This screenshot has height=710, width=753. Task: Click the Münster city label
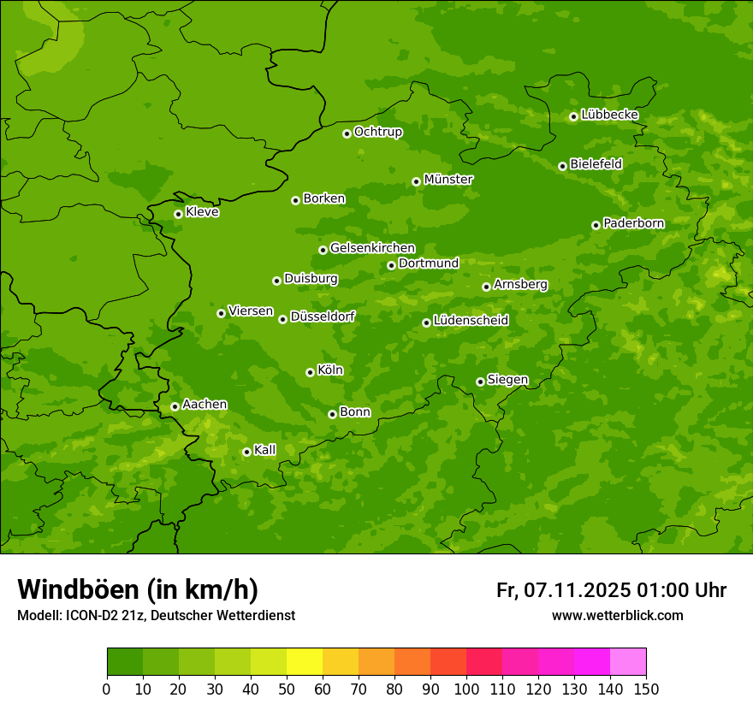click(x=448, y=180)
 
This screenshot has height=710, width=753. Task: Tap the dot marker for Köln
click(x=310, y=372)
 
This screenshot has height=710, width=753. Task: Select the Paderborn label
click(x=633, y=223)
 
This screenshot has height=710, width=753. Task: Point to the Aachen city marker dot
click(x=175, y=406)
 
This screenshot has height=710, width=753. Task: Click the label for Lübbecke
click(x=609, y=115)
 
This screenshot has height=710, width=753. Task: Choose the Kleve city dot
click(x=178, y=214)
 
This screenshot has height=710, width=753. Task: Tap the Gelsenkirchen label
click(x=372, y=248)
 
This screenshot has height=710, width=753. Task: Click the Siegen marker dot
click(x=480, y=382)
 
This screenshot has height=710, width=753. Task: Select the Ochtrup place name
click(x=377, y=132)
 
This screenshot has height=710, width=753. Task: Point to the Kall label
click(x=264, y=450)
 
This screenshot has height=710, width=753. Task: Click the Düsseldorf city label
click(x=323, y=317)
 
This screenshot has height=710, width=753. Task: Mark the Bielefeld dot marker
click(x=562, y=166)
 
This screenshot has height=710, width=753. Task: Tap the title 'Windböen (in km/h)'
click(x=138, y=589)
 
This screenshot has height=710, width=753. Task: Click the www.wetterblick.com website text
click(x=617, y=615)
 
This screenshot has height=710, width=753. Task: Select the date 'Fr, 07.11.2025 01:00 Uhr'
click(x=611, y=590)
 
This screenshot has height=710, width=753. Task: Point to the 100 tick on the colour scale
click(x=466, y=689)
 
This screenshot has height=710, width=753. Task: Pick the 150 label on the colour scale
click(x=646, y=689)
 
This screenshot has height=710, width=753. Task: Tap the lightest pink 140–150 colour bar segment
click(x=628, y=662)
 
